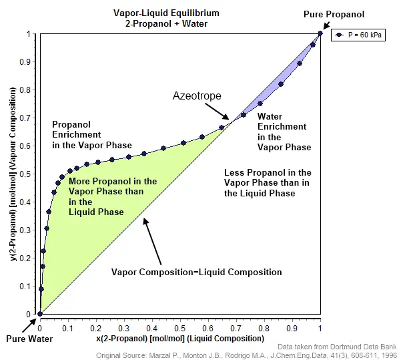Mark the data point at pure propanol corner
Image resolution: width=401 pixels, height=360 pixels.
[320, 33]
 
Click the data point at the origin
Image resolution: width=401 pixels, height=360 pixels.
[40, 314]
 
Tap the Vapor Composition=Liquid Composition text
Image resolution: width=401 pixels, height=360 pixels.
[196, 272]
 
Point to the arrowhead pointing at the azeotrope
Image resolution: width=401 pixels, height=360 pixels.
[226, 118]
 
